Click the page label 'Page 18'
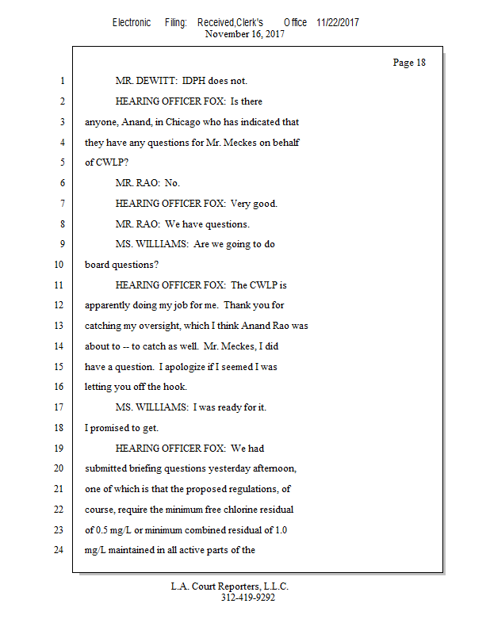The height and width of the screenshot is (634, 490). coord(409,63)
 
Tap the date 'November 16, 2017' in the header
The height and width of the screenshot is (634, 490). coord(245,34)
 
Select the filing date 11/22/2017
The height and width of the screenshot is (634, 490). coord(337,23)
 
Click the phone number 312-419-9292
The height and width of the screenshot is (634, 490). coord(248,598)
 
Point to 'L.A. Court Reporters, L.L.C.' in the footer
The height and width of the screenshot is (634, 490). coord(230,586)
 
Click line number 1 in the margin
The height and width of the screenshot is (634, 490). coord(61,81)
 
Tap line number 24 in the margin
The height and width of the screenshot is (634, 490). coord(58,550)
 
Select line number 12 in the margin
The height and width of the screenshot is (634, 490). coord(58,305)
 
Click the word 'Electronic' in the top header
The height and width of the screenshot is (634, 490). coord(132,23)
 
